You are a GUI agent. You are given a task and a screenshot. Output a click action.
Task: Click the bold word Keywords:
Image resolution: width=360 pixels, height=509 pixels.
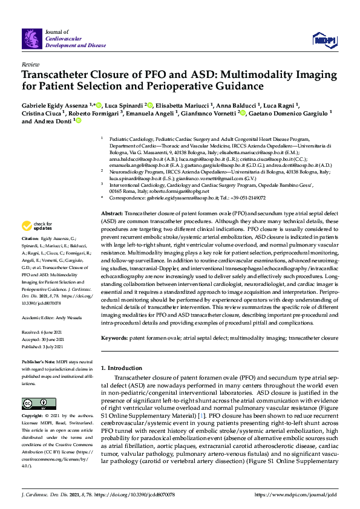point(115,338)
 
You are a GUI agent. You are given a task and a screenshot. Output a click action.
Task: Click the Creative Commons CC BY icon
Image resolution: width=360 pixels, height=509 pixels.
point(35,403)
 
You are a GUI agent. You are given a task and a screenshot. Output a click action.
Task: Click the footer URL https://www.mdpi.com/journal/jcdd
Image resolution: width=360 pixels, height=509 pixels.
point(296,495)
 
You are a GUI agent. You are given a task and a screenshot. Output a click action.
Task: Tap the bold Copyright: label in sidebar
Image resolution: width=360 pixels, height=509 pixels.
point(33,417)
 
